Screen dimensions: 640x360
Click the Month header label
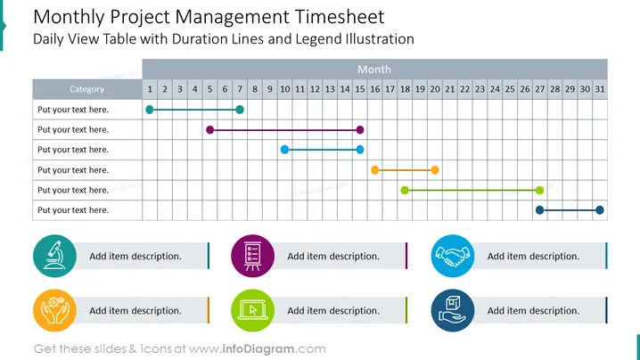[x=374, y=70]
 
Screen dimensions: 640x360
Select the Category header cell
[x=87, y=89]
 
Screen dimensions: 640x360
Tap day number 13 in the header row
[x=330, y=89]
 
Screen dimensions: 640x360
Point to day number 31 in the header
[x=600, y=89]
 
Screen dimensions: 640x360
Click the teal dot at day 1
[x=150, y=110]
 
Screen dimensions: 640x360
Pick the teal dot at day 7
[x=240, y=110]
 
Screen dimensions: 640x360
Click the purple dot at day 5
[x=209, y=130]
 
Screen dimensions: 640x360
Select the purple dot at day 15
[x=359, y=130]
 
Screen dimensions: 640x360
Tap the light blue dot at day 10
[x=284, y=150]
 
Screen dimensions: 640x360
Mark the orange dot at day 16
[x=374, y=170]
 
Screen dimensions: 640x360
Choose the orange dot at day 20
[x=435, y=170]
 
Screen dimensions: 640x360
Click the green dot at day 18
[x=405, y=190]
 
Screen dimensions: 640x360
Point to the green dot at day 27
[x=539, y=190]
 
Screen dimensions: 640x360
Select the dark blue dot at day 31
[x=600, y=210]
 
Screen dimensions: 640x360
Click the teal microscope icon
[x=54, y=256]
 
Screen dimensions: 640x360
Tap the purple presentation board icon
[x=252, y=256]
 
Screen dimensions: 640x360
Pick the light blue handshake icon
[x=453, y=256]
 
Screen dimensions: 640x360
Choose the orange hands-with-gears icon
[x=54, y=311]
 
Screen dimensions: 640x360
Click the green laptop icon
[x=252, y=311]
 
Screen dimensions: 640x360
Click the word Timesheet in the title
[x=340, y=17]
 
